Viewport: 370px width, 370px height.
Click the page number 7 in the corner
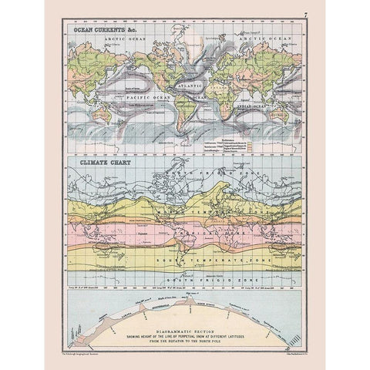[x=304, y=14]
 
